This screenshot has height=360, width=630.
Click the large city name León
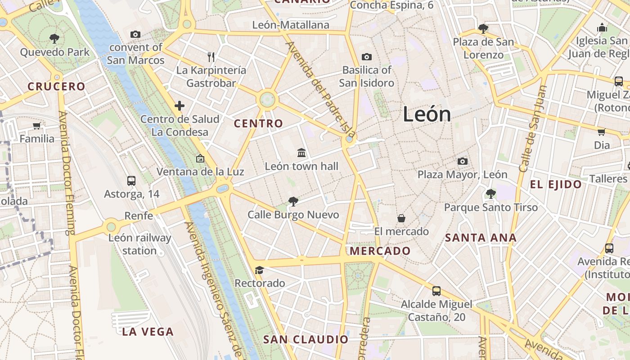pos(427,114)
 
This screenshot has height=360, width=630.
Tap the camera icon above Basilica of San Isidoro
pos(367,57)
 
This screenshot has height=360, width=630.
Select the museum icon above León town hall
pos(301,153)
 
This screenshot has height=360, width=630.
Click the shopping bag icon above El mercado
pos(401,218)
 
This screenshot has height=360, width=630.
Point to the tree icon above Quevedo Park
pos(54,38)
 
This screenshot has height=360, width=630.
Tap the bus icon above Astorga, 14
pos(131,180)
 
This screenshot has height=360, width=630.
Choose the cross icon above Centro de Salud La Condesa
pos(180,106)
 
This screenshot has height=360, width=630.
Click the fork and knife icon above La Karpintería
pos(211,57)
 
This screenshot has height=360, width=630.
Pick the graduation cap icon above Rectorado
pos(259,270)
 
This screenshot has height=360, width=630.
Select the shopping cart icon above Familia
pos(37,126)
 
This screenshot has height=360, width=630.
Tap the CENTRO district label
pos(259,123)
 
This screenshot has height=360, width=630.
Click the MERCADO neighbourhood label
pos(380,251)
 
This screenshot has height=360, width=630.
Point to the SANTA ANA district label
pos(481,238)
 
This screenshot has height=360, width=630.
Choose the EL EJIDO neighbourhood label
pos(556,184)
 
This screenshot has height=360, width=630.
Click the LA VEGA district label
pos(148,332)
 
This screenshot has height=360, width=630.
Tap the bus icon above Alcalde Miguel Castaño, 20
pos(436,291)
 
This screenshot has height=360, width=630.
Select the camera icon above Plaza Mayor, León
pos(462,161)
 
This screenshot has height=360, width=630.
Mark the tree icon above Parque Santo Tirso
pos(490,194)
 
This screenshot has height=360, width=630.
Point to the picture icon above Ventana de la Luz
pos(200,158)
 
